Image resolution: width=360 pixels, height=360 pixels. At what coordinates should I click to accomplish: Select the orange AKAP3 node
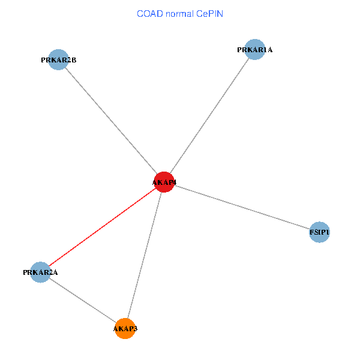click(x=125, y=328)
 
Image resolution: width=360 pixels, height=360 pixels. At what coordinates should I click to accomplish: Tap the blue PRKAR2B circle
click(x=58, y=59)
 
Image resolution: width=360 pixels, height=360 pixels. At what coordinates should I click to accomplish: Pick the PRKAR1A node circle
click(x=255, y=49)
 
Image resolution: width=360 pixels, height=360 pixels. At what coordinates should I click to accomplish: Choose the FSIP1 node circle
click(x=320, y=232)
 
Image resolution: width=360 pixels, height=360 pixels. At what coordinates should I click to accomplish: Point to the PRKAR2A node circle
click(x=40, y=272)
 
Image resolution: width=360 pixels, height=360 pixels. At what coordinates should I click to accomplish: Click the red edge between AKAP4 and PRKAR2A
click(x=102, y=227)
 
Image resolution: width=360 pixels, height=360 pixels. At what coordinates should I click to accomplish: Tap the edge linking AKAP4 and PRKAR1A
click(x=209, y=116)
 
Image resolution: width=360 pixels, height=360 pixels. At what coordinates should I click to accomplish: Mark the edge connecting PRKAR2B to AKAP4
click(x=111, y=121)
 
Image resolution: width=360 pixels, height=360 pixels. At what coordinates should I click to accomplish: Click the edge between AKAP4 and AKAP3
click(x=145, y=255)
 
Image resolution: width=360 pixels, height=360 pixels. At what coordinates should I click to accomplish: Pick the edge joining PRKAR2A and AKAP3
click(x=82, y=300)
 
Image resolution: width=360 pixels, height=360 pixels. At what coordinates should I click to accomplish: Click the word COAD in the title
click(x=149, y=13)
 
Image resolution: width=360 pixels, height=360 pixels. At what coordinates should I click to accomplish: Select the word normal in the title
click(x=179, y=13)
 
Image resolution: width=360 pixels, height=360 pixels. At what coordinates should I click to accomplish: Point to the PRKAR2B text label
click(x=58, y=60)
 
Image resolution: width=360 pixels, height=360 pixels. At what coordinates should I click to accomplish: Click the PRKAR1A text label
click(x=255, y=50)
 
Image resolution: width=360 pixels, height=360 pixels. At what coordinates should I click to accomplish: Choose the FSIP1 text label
click(x=320, y=232)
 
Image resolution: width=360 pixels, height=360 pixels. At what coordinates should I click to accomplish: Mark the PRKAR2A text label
click(x=40, y=273)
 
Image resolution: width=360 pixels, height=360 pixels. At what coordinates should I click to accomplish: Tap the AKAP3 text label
click(x=125, y=329)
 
